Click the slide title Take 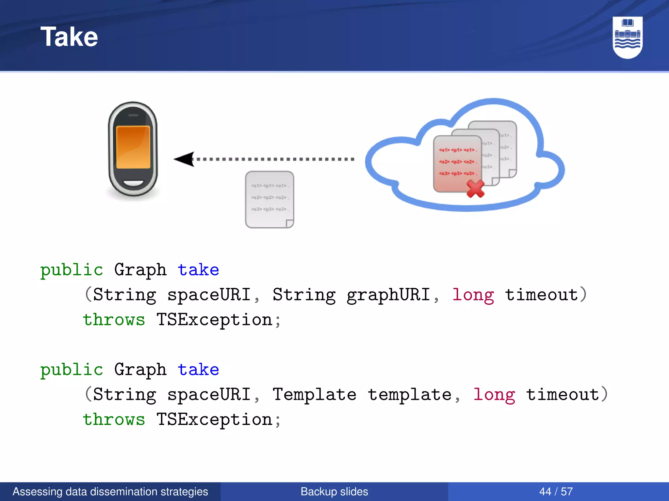pos(69,37)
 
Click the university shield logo pos(627,37)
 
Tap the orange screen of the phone pos(133,147)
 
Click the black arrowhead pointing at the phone pos(185,159)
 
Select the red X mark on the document pos(475,189)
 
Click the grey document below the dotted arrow pos(269,199)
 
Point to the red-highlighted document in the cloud pos(457,163)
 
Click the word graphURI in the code pos(388,295)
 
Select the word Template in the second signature pos(314,395)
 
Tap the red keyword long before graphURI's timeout pos(473,295)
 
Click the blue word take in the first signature pos(198,270)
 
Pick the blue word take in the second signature pos(198,370)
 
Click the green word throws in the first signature pos(114,320)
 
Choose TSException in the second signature pos(214,420)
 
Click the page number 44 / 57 pos(556,492)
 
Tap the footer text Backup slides pos(334,492)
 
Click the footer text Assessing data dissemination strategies pos(110,492)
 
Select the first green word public pos(72,270)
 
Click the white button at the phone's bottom pos(133,183)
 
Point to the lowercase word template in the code pos(410,395)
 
